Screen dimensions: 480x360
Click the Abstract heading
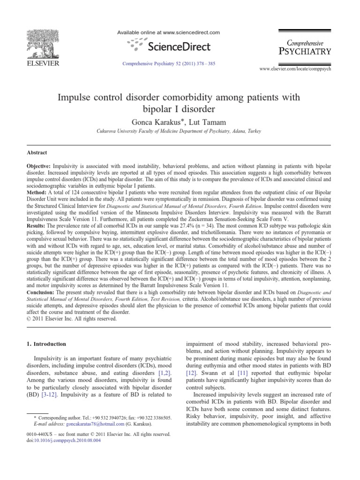tap(37, 152)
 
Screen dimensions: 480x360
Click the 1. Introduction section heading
tap(45, 344)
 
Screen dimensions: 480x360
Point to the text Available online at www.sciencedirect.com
tap(174, 33)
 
